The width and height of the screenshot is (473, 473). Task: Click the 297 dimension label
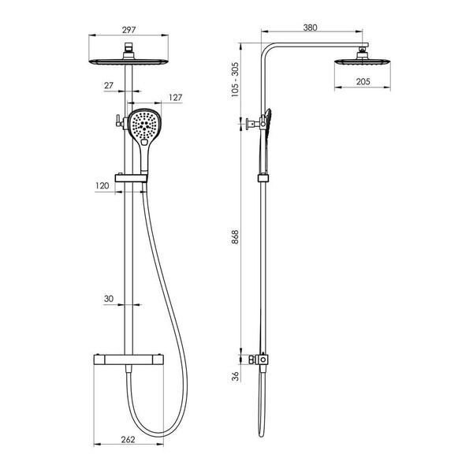pyautogui.click(x=128, y=30)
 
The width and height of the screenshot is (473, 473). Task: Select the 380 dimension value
pyautogui.click(x=310, y=28)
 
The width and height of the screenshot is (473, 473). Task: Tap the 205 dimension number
pyautogui.click(x=363, y=81)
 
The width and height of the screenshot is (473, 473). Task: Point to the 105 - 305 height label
pyautogui.click(x=235, y=80)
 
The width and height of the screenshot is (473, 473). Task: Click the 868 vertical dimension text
pyautogui.click(x=235, y=236)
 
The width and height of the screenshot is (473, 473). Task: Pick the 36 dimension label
pyautogui.click(x=235, y=376)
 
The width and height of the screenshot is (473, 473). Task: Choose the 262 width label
pyautogui.click(x=128, y=440)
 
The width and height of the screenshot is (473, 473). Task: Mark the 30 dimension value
pyautogui.click(x=109, y=299)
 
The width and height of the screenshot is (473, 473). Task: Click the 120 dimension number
pyautogui.click(x=102, y=185)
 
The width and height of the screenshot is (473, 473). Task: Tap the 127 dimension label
pyautogui.click(x=176, y=98)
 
